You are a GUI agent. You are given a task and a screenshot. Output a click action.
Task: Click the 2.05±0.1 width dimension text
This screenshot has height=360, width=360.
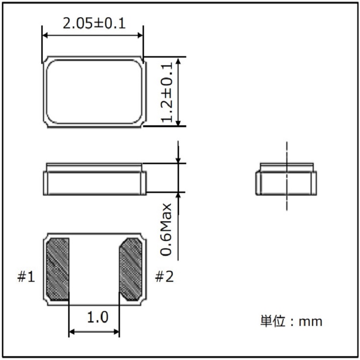[94, 24]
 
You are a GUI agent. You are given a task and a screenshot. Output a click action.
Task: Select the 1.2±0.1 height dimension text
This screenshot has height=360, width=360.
[167, 92]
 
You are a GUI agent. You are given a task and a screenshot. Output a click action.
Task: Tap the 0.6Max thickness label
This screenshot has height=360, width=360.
[166, 229]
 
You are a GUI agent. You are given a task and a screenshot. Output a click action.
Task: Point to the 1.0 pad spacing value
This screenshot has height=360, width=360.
[97, 317]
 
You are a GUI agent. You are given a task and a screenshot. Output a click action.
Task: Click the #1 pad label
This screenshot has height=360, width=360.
[26, 276]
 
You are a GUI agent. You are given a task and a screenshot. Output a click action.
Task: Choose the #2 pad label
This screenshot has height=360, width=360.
[164, 276]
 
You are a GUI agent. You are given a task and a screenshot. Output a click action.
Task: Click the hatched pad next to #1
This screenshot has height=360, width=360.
[58, 269]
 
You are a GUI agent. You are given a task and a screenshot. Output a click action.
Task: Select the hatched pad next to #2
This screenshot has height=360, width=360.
[131, 269]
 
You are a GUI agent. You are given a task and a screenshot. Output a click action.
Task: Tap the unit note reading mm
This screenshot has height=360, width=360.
[311, 322]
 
